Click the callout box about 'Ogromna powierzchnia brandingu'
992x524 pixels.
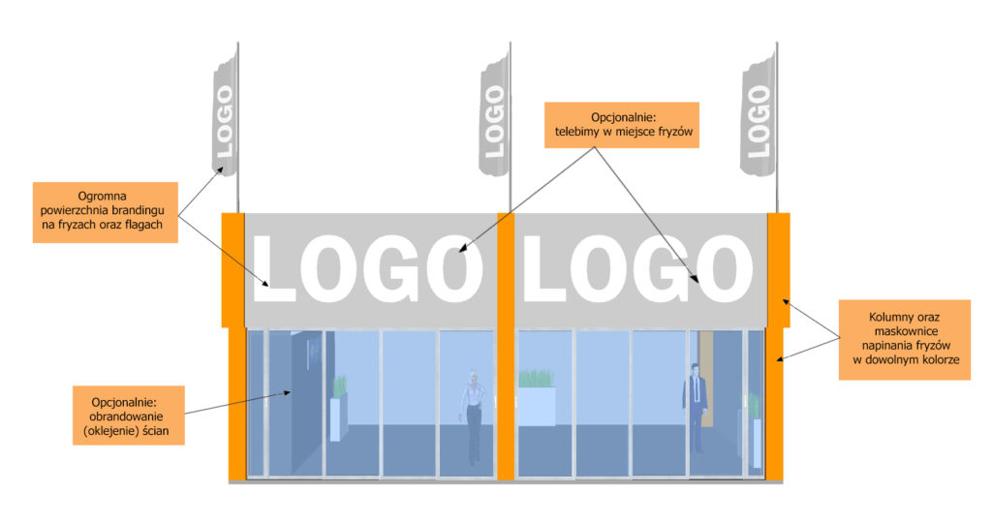point(105,211)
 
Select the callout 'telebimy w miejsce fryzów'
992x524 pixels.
point(620,124)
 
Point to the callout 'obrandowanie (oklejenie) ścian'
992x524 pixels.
point(129,415)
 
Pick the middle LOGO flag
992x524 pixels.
point(494,116)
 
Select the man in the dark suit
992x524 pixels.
point(695,407)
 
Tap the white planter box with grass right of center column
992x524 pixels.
point(537,405)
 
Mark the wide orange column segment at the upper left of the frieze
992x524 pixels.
point(232,269)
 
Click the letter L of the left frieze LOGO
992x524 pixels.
point(275,267)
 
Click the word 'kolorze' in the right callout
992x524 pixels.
point(936,359)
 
